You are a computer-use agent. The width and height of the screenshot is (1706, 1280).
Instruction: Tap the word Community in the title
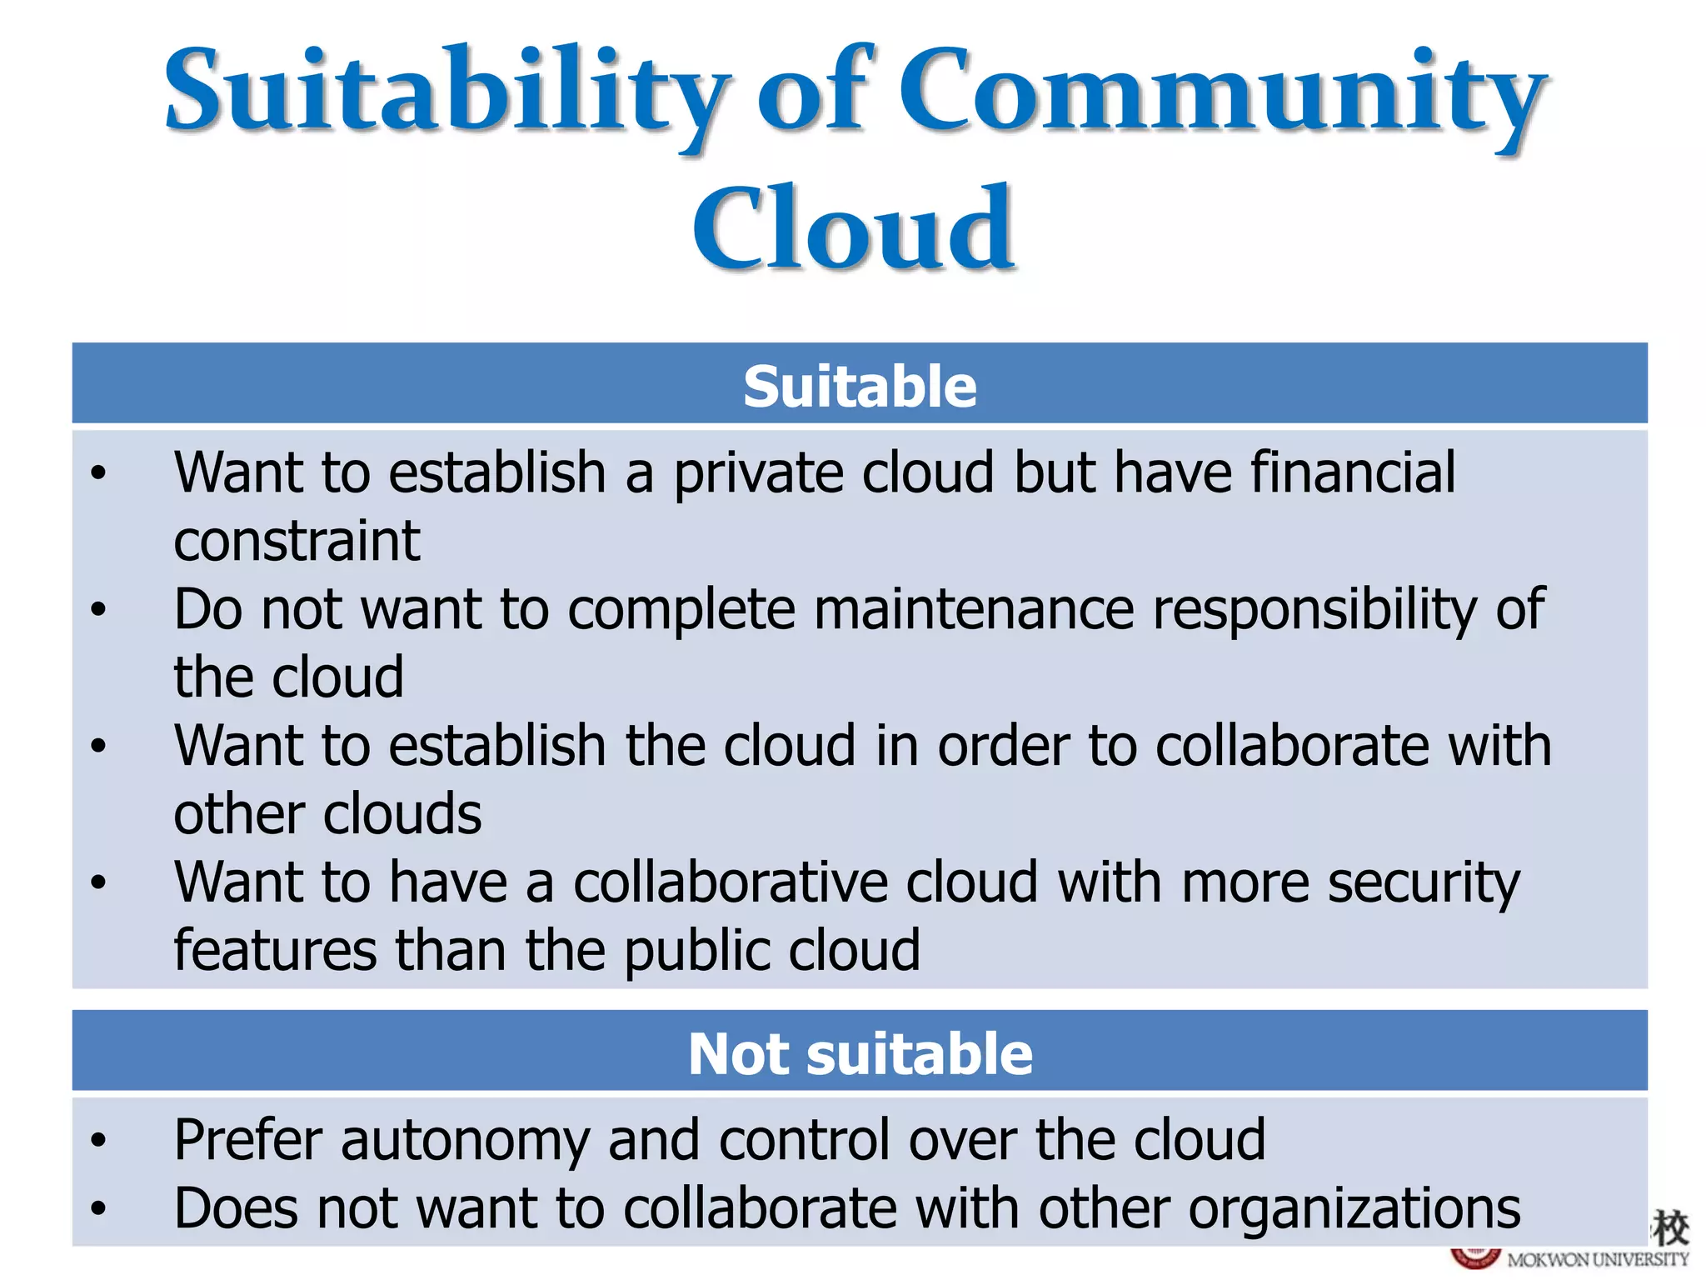click(x=1221, y=92)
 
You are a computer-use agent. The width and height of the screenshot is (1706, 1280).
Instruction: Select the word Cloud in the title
click(x=853, y=229)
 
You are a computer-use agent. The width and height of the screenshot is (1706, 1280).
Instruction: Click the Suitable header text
click(x=860, y=387)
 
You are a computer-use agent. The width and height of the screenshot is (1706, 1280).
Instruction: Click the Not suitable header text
click(x=860, y=1054)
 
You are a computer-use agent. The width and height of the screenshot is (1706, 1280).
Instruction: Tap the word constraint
click(x=297, y=541)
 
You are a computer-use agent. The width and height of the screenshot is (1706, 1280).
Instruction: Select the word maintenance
click(x=974, y=609)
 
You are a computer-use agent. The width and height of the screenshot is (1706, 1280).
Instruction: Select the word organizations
click(x=1354, y=1208)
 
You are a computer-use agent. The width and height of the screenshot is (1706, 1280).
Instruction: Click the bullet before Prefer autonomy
click(x=99, y=1140)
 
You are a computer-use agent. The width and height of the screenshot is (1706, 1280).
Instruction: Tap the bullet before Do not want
click(x=99, y=610)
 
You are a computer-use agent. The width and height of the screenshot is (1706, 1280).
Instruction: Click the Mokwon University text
click(x=1598, y=1260)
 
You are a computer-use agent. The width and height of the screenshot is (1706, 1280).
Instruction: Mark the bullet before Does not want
click(x=99, y=1208)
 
